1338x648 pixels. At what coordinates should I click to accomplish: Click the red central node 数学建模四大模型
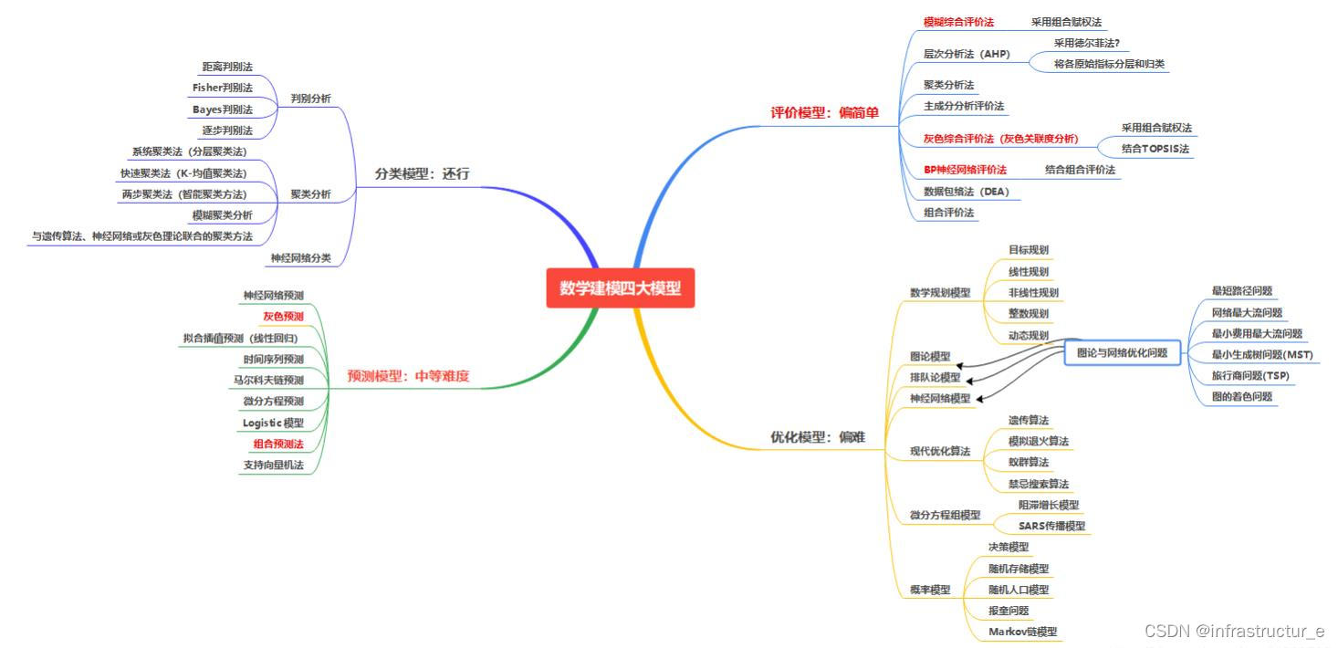click(620, 287)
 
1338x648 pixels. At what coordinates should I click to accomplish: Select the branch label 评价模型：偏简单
click(825, 113)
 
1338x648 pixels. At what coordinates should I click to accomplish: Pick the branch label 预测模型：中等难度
click(408, 375)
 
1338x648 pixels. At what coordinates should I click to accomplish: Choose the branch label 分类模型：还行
click(422, 173)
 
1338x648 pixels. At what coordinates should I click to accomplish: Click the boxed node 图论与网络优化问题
click(1122, 352)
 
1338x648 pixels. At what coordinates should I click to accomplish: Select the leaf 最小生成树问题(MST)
click(1261, 354)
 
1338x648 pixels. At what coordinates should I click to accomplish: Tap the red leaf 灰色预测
click(283, 317)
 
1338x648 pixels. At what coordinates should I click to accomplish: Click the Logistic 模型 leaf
click(273, 423)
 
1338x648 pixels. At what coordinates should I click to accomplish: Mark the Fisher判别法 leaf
click(222, 88)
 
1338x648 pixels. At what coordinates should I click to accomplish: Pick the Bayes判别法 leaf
click(222, 109)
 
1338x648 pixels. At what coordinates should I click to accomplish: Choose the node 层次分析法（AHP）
click(967, 54)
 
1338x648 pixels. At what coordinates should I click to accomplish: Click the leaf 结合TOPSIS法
click(1155, 148)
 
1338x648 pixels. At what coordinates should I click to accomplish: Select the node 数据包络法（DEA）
click(966, 192)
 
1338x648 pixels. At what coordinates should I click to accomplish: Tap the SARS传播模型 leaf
click(1051, 526)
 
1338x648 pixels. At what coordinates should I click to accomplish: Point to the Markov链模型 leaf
click(1022, 632)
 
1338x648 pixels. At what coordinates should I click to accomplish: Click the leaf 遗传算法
click(1028, 420)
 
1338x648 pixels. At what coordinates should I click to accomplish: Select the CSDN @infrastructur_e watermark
click(1234, 631)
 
